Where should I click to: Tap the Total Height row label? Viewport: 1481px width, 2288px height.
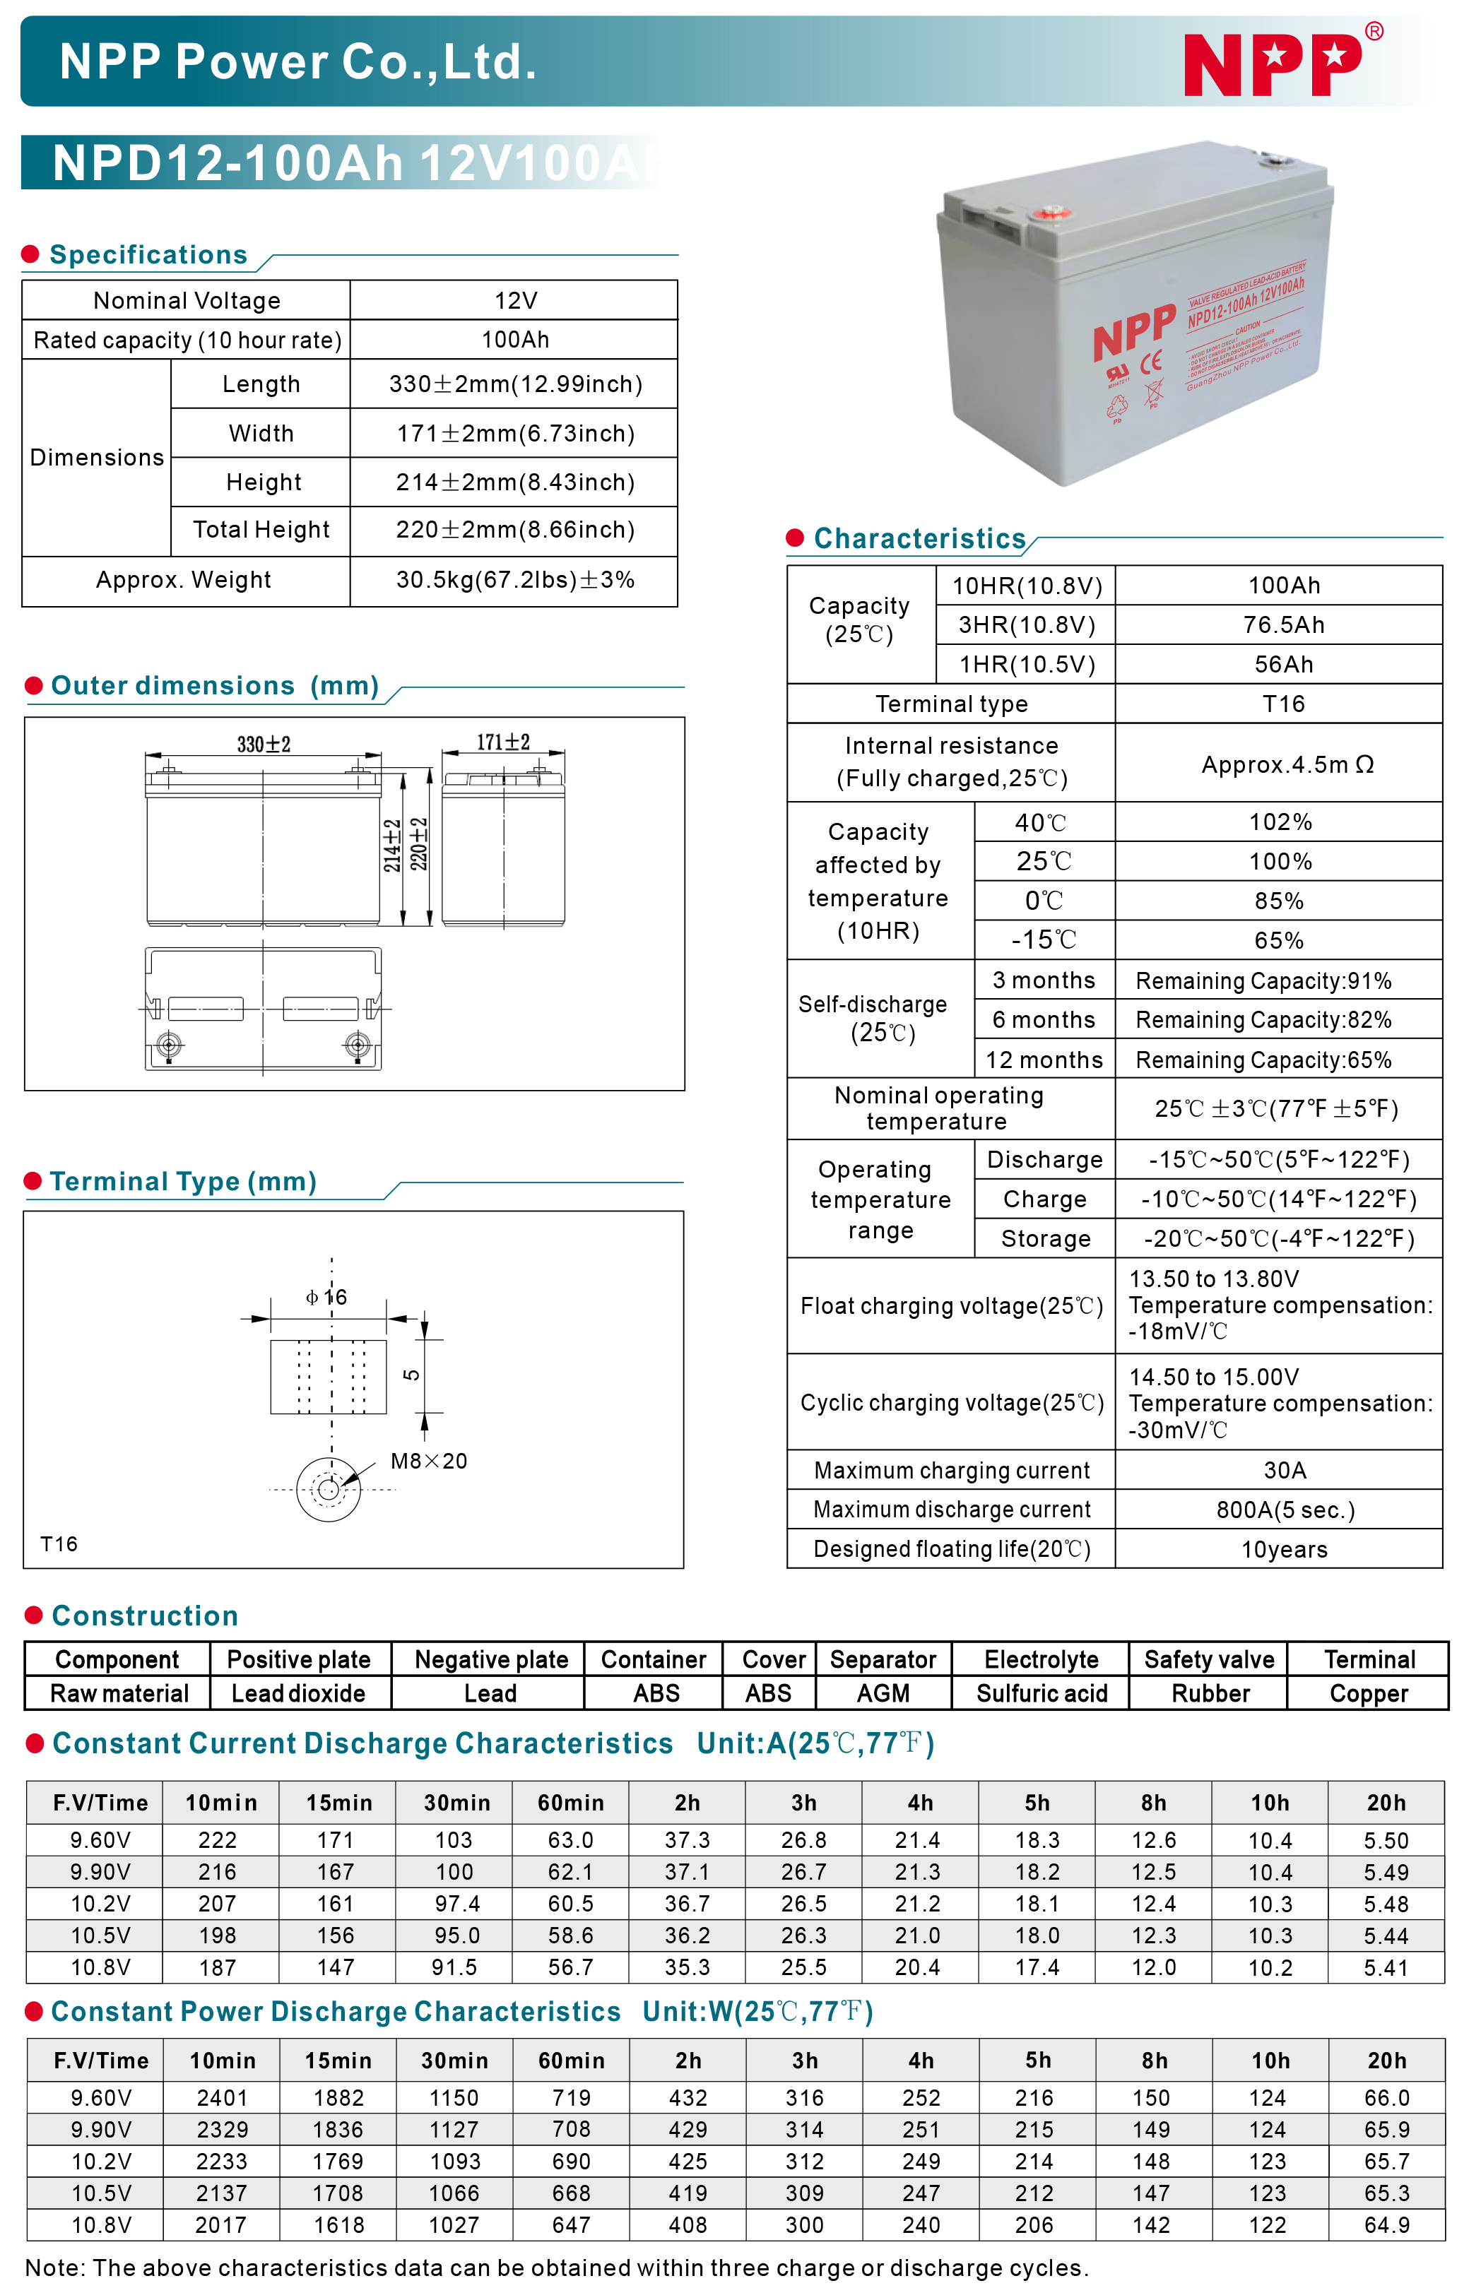(261, 530)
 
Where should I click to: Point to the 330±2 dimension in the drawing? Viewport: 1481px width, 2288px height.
(264, 744)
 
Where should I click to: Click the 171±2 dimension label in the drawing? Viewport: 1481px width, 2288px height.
(503, 742)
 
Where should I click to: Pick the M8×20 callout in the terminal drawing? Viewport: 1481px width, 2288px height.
(429, 1462)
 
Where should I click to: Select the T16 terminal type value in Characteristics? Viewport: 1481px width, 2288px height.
(1283, 704)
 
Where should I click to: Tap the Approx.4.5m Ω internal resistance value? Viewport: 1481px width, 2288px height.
(1287, 764)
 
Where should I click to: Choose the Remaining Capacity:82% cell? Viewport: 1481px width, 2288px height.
(1263, 1020)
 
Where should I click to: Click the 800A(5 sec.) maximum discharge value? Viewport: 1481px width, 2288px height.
(1285, 1510)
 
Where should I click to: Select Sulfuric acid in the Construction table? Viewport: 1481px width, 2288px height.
(1042, 1693)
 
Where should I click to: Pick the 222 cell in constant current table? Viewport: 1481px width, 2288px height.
(218, 1840)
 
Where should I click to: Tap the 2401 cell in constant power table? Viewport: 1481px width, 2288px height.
(222, 2098)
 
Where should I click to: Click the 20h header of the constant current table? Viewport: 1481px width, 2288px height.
(1386, 1803)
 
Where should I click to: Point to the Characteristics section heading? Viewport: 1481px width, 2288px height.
(919, 538)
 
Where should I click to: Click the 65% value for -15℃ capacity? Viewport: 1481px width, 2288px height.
(1278, 940)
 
